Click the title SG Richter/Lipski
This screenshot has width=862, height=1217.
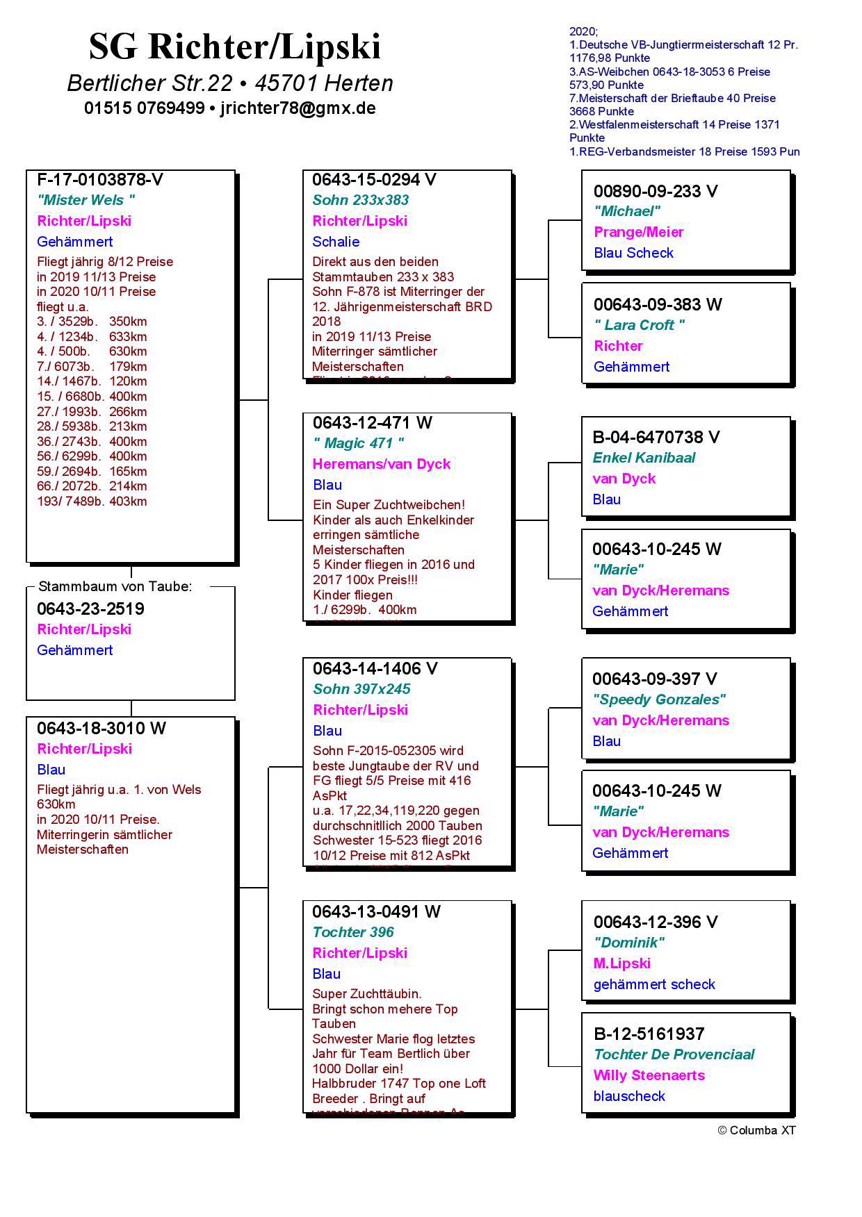point(235,47)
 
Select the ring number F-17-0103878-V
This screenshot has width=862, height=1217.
point(100,180)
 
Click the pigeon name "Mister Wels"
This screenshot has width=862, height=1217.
point(86,200)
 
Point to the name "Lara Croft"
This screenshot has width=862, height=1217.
point(640,325)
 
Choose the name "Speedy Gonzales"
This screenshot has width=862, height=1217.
point(659,699)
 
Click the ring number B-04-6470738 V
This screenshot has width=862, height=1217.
point(656,437)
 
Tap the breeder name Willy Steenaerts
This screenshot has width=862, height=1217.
point(649,1075)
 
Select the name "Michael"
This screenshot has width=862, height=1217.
point(627,211)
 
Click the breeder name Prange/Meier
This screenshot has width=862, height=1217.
point(639,232)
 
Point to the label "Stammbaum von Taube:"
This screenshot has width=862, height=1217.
point(115,586)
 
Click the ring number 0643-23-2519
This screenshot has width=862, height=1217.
point(90,609)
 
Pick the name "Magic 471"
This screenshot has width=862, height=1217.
point(359,443)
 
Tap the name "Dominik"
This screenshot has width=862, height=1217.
point(629,943)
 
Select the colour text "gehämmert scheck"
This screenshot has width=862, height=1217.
point(654,984)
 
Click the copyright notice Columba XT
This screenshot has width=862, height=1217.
point(756,1130)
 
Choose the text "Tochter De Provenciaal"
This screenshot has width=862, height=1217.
point(674,1054)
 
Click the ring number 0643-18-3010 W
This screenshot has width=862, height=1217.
point(101,729)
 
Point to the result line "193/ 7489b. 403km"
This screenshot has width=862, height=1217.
point(92,502)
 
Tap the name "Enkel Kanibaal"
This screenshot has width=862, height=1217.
point(644,458)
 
